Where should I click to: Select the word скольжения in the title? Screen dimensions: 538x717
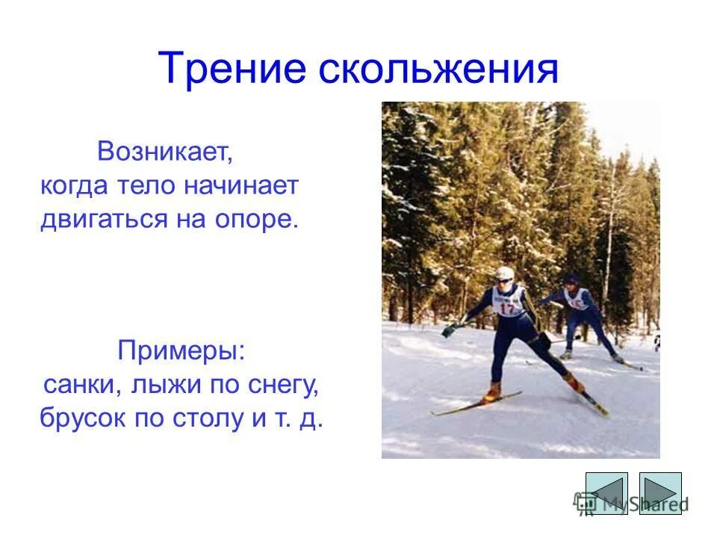439,69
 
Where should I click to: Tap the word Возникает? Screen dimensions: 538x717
166,153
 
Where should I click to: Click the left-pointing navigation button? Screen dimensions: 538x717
606,492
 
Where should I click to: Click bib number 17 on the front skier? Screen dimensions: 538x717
509,307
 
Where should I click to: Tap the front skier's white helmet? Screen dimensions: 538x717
504,273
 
